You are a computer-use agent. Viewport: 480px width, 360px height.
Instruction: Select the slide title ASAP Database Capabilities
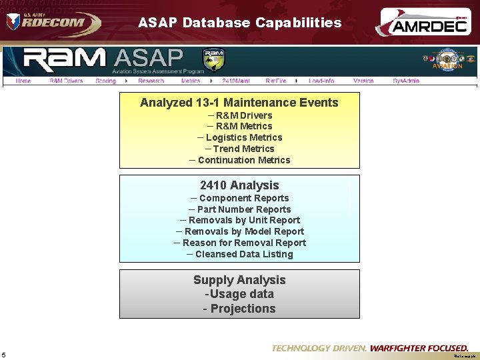pyautogui.click(x=239, y=23)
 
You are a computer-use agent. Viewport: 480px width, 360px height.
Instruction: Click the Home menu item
pyautogui.click(x=23, y=81)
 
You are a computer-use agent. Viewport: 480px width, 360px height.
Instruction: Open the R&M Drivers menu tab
pyautogui.click(x=66, y=81)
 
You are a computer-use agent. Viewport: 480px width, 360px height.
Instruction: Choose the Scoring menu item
pyautogui.click(x=105, y=81)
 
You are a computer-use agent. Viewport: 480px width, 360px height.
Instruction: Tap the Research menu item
pyautogui.click(x=151, y=81)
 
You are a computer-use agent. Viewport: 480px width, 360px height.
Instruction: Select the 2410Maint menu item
pyautogui.click(x=236, y=81)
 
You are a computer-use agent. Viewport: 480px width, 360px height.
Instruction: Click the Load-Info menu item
pyautogui.click(x=321, y=81)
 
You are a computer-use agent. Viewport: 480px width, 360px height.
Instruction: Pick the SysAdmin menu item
pyautogui.click(x=406, y=81)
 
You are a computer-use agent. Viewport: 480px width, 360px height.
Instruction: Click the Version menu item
pyautogui.click(x=363, y=81)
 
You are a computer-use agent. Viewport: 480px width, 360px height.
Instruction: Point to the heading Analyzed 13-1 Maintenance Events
pyautogui.click(x=239, y=103)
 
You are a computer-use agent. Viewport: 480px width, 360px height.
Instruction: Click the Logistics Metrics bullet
pyautogui.click(x=243, y=137)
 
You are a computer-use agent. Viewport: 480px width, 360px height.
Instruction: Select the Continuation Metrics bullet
pyautogui.click(x=244, y=160)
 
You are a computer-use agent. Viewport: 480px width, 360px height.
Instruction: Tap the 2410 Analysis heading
pyautogui.click(x=239, y=185)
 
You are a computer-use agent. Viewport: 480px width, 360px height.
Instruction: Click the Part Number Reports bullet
pyautogui.click(x=243, y=209)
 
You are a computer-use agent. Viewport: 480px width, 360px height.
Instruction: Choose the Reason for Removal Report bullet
pyautogui.click(x=244, y=243)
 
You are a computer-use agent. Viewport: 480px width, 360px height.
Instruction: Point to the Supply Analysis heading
pyautogui.click(x=239, y=280)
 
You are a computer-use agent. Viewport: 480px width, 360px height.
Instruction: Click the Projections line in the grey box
pyautogui.click(x=239, y=309)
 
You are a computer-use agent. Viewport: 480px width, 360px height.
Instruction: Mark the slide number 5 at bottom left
pyautogui.click(x=4, y=355)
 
